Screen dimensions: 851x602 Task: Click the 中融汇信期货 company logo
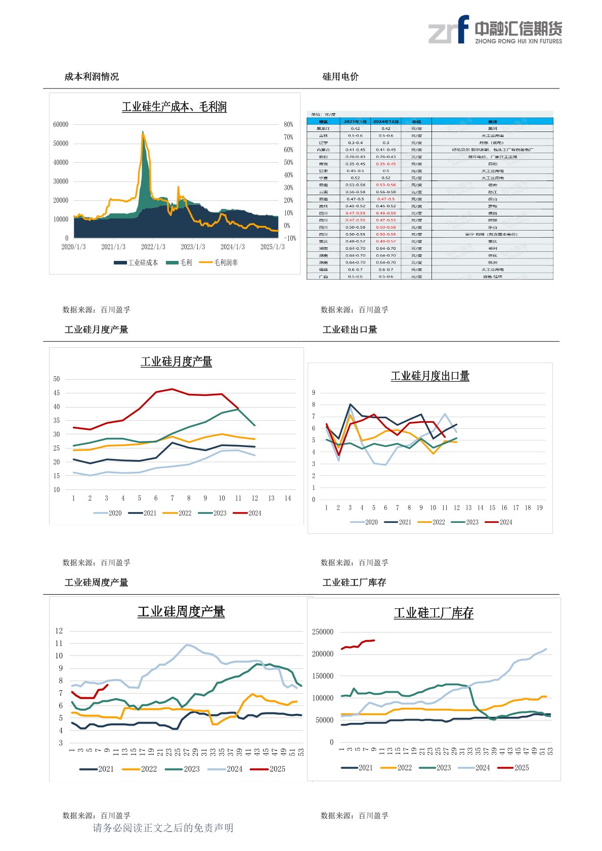[495, 30]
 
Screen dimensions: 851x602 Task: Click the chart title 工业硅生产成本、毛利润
[174, 107]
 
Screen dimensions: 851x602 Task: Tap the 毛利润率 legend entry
[219, 262]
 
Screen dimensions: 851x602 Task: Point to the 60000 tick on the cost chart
[61, 124]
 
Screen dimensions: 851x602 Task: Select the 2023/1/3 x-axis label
[193, 247]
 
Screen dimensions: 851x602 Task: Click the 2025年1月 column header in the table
[355, 121]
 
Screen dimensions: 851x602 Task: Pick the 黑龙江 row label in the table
[323, 128]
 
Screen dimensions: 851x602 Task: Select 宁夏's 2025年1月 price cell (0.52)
[355, 178]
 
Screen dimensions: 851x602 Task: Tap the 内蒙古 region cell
[323, 150]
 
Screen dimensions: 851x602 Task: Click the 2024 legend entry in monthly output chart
[247, 513]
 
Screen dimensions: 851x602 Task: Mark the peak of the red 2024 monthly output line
[173, 389]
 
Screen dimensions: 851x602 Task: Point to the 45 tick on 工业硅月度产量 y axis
[57, 393]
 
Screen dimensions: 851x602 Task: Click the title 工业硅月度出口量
[430, 376]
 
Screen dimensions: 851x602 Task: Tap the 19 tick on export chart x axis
[539, 508]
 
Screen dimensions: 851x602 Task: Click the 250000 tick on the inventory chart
[323, 632]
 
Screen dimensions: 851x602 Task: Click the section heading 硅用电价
[340, 77]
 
